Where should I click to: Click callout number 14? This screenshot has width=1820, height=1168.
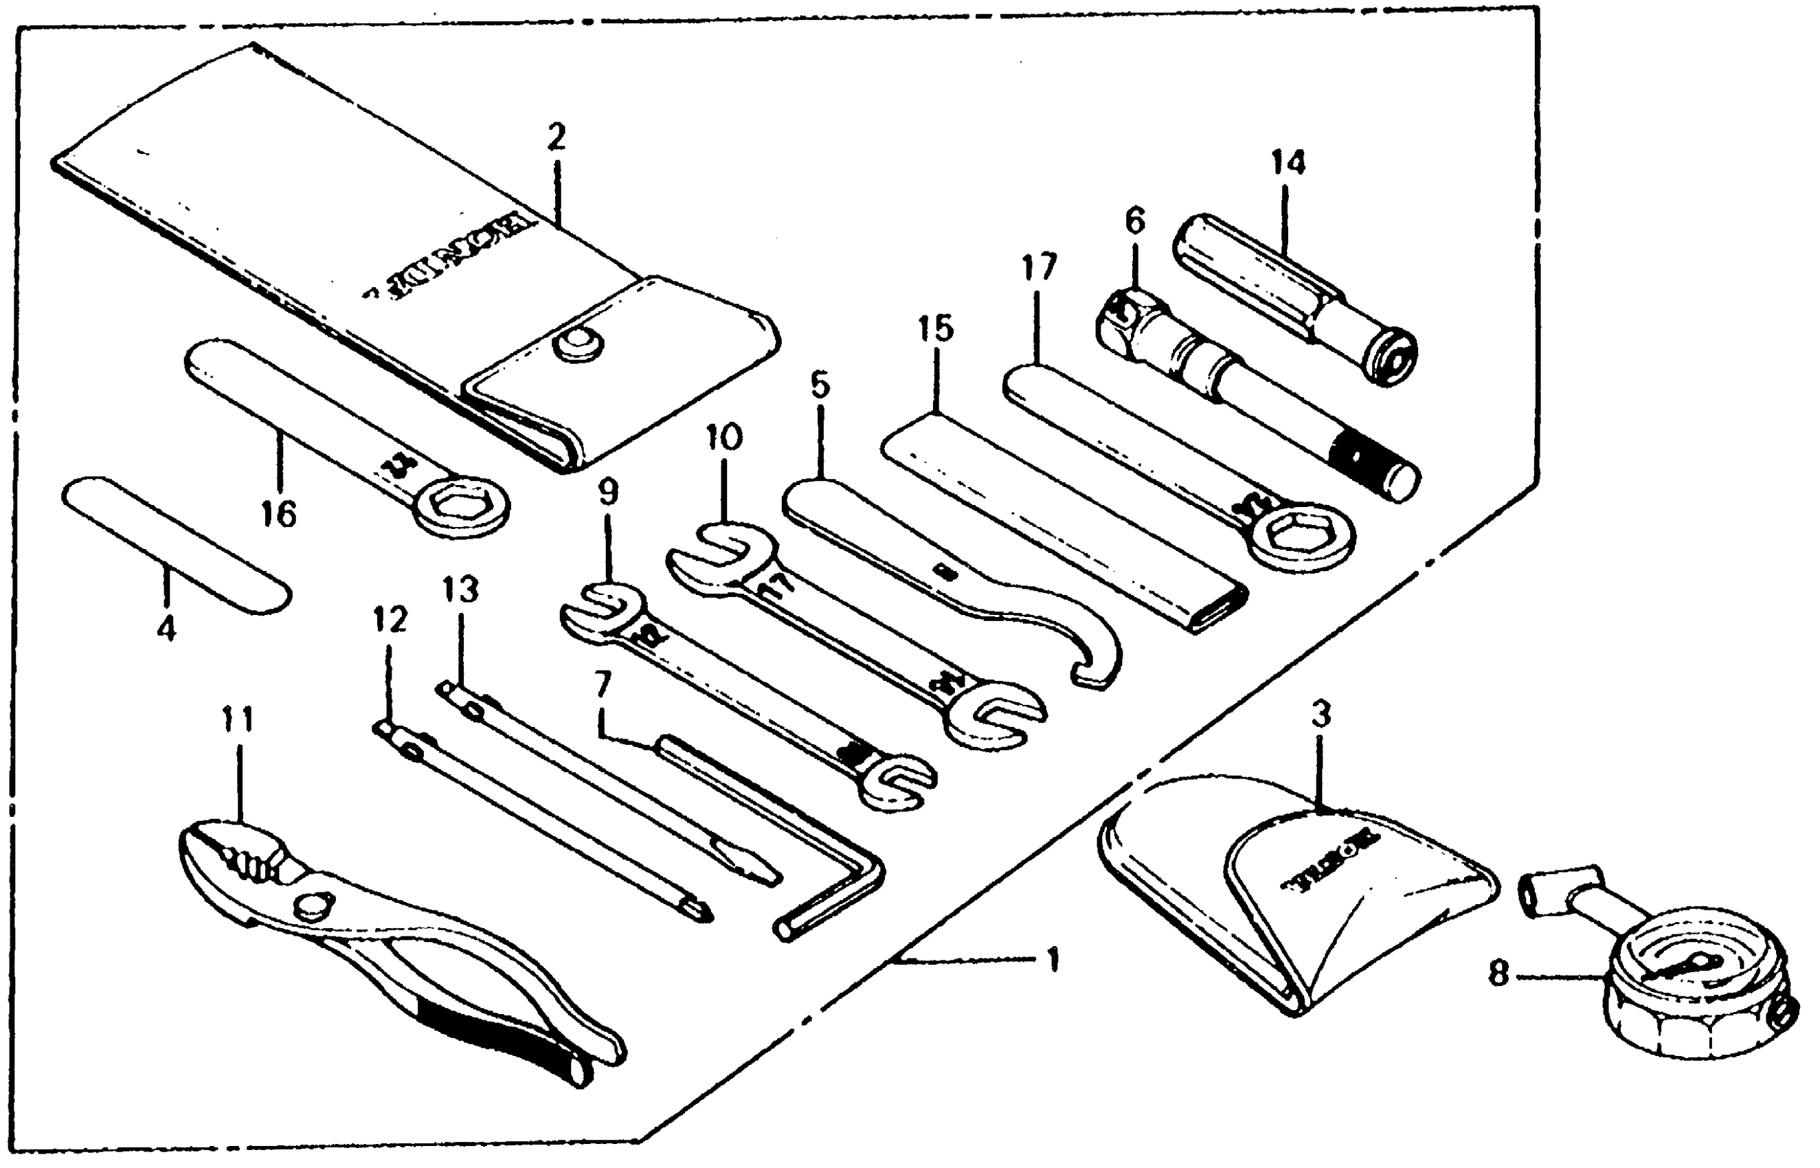[1287, 163]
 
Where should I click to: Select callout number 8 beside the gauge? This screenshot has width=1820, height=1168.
[1498, 974]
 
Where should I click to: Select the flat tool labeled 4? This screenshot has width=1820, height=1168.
[176, 546]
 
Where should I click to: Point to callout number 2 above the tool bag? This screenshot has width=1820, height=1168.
[556, 139]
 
